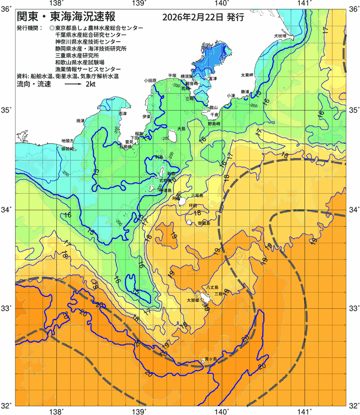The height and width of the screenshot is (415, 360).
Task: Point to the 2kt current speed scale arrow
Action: pos(73,85)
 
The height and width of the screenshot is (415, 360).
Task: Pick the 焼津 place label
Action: pos(80,121)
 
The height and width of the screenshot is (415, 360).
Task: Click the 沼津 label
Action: pos(122,113)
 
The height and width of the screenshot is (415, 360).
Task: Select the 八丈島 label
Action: pos(217,286)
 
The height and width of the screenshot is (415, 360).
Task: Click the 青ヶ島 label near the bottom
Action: pos(210,358)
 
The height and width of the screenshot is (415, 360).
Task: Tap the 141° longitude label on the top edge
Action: pos(304,4)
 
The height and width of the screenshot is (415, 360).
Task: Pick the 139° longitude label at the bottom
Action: pos(139,411)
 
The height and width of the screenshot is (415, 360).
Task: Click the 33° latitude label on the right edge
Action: pos(353,308)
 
